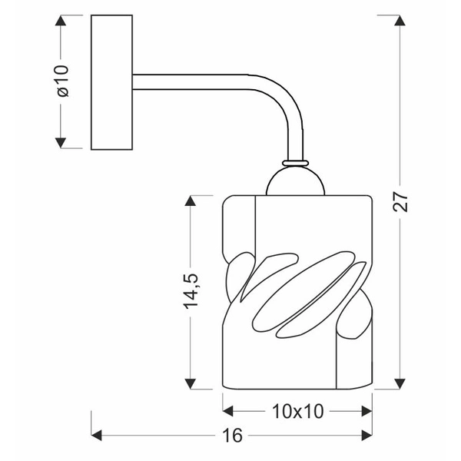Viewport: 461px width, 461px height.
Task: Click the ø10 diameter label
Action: point(63,81)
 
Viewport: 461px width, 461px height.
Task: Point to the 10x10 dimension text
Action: point(297,411)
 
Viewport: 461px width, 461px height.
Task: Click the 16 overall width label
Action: point(234,436)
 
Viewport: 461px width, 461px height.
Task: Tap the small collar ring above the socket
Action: point(296,163)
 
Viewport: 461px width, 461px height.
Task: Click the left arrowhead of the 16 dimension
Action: point(98,436)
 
